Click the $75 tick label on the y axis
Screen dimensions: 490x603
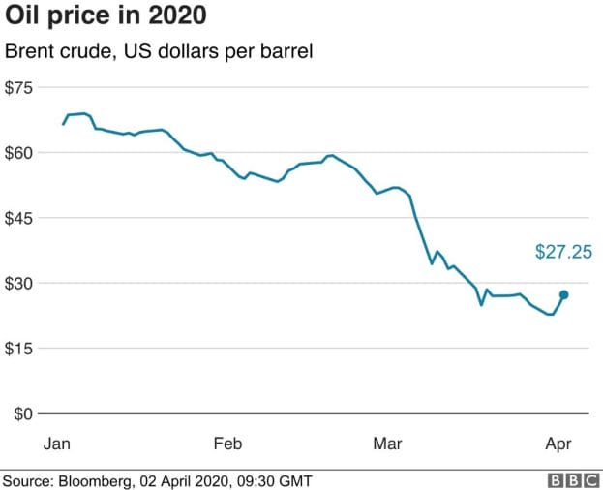19,87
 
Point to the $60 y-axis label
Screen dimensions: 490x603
19,152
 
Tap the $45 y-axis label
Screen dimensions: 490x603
19,218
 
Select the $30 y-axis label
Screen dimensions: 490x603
19,283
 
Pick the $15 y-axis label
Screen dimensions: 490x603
19,348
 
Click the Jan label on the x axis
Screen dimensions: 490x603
58,444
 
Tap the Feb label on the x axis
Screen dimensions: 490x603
227,444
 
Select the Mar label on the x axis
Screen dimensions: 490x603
388,444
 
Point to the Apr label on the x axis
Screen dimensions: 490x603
558,444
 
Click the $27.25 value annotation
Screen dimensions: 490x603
562,252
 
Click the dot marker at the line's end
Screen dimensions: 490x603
564,294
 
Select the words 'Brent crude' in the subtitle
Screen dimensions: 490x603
55,50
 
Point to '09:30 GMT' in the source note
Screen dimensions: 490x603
279,479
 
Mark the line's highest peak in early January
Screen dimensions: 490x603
83,113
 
